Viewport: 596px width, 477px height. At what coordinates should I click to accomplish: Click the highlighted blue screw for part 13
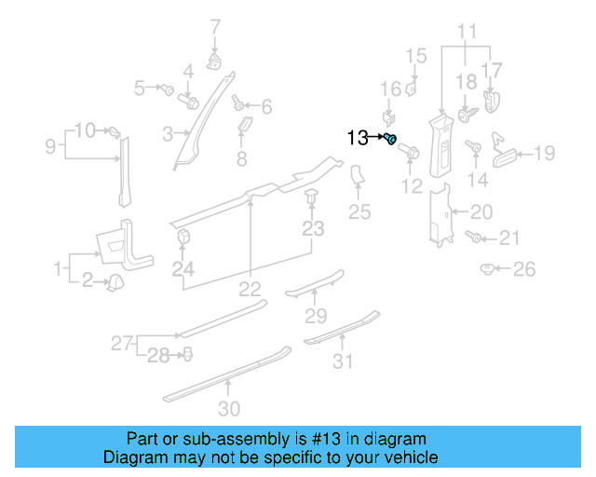tap(391, 140)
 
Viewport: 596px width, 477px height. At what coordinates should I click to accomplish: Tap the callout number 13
tap(358, 139)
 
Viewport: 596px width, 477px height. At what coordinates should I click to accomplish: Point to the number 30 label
tap(229, 408)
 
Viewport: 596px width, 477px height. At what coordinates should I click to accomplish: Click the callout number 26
tap(526, 270)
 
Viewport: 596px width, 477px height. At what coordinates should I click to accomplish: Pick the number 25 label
tap(359, 212)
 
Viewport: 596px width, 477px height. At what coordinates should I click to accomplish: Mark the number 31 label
tap(345, 361)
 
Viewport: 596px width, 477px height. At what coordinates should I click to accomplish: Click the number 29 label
tap(317, 315)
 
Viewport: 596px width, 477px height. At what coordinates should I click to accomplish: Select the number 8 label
tap(242, 159)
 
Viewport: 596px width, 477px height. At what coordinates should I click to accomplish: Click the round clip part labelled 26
tap(486, 269)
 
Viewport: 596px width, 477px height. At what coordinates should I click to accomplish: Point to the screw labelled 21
tap(476, 238)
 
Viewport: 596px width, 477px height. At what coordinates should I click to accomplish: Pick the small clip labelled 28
tap(187, 353)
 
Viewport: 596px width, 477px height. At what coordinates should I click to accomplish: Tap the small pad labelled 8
tap(247, 126)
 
